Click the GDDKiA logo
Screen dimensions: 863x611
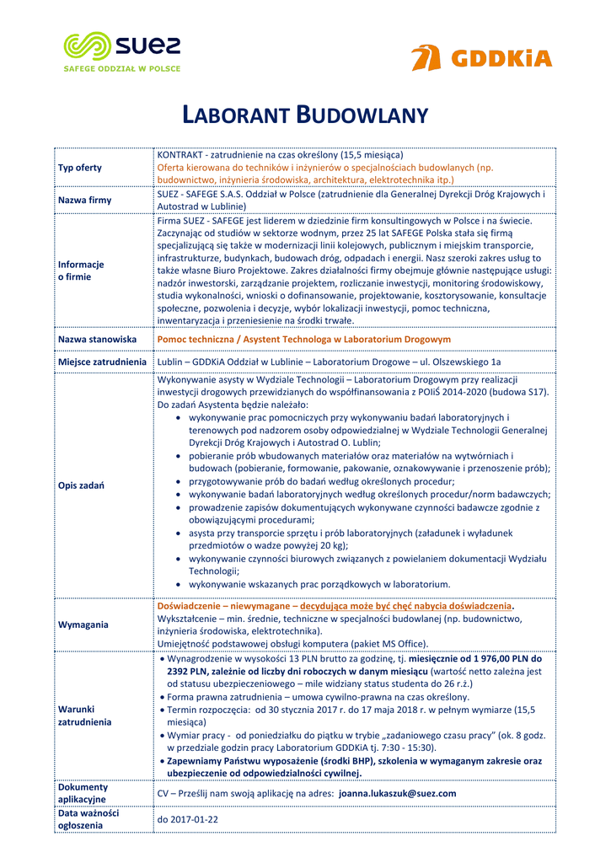point(481,58)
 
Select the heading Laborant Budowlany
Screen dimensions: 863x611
point(305,115)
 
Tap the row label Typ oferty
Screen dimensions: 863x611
point(80,168)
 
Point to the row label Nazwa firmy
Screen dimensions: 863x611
point(84,201)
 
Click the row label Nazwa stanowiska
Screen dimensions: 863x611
point(97,339)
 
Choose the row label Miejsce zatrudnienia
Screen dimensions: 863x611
point(102,362)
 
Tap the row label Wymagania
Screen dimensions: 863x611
point(83,624)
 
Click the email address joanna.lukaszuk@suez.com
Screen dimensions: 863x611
point(397,793)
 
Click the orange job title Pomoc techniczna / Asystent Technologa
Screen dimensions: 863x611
point(304,339)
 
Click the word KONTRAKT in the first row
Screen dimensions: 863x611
point(181,155)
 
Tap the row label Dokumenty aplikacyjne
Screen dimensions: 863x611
point(82,793)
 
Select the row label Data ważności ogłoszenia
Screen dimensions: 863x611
point(88,819)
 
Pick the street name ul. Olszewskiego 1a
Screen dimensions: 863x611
point(454,362)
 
